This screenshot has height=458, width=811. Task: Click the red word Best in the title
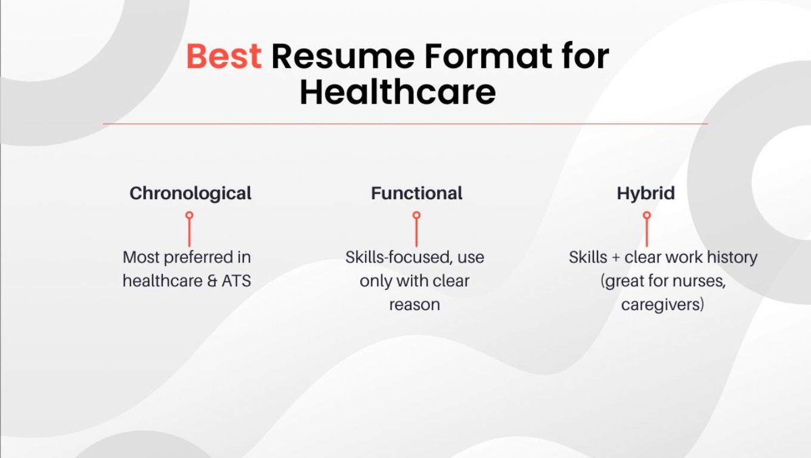[224, 56]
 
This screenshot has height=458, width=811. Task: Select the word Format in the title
[487, 56]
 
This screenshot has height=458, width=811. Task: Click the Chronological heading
[190, 193]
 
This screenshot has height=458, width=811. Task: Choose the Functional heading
[416, 193]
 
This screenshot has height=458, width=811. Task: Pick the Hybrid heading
[646, 193]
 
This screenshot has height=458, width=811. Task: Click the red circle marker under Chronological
[189, 215]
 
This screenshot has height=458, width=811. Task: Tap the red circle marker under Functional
[416, 215]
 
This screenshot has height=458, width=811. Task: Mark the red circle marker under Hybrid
[646, 215]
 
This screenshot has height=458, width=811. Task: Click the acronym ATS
[236, 281]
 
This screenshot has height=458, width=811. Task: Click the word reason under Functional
[414, 305]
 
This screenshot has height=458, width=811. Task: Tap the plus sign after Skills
[617, 258]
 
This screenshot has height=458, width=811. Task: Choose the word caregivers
[660, 305]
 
